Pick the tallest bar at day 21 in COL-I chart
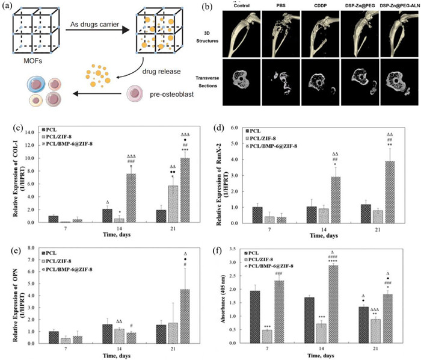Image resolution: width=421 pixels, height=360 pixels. click(x=183, y=190)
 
